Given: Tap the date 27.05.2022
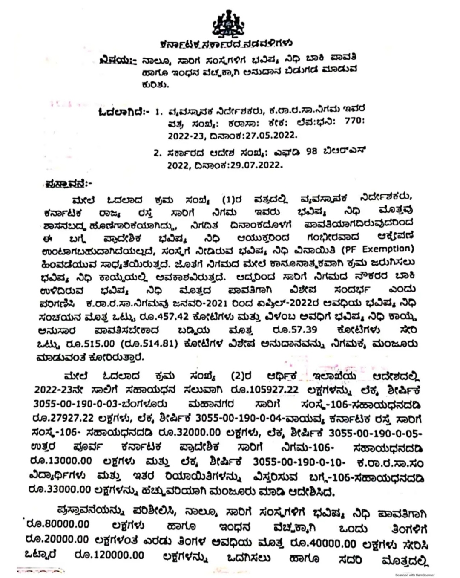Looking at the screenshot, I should coord(274,136).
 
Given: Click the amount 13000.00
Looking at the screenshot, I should coord(62,461).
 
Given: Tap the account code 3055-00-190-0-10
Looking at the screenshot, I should coord(301,462).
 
